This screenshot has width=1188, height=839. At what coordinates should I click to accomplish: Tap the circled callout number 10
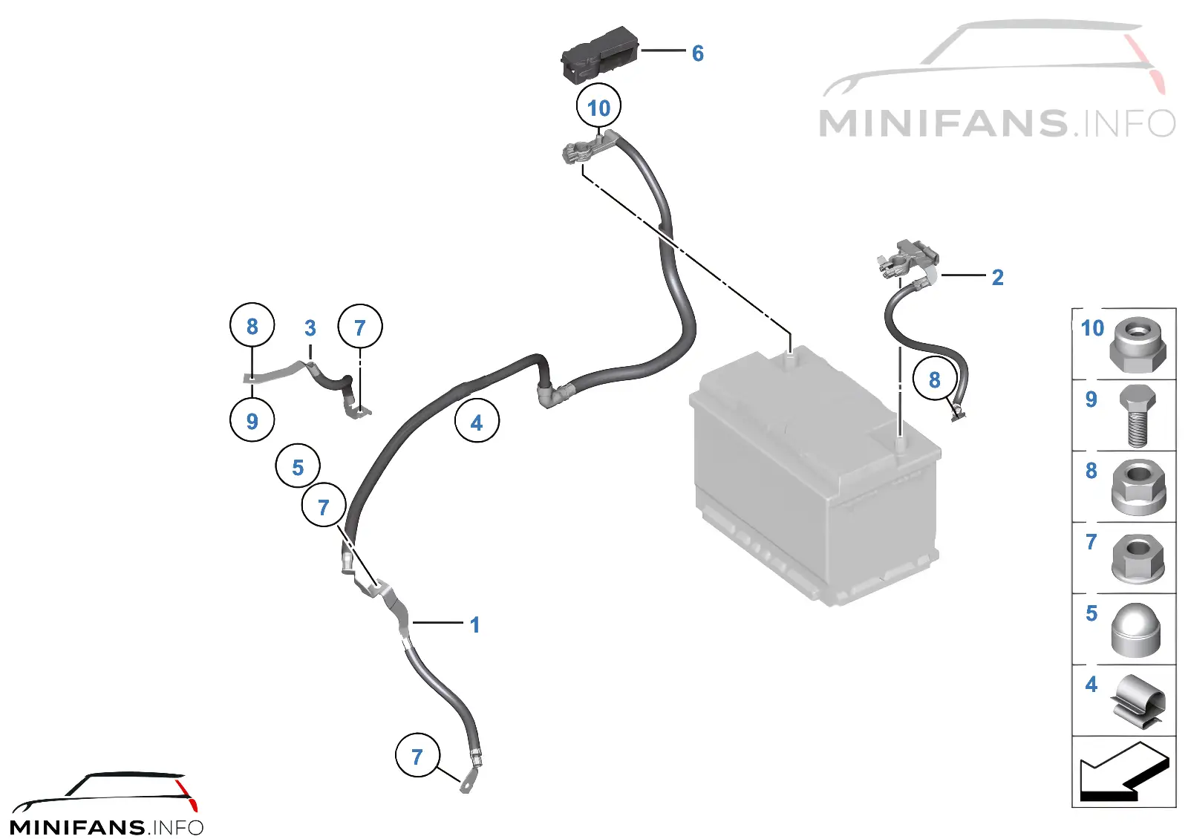598,106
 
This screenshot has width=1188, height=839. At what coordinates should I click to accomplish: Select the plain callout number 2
998,278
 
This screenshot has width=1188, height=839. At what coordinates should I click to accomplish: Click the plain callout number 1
474,624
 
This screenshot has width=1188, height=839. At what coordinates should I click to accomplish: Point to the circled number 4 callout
477,420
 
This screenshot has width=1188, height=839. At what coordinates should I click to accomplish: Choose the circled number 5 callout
298,466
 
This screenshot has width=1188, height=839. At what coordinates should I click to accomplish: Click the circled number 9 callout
252,419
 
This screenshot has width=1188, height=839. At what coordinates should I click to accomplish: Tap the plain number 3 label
310,328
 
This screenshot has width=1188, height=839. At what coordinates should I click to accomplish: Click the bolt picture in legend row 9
1138,417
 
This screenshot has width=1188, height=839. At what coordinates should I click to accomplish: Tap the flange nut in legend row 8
1138,487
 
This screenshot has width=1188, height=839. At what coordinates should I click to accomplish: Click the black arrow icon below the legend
1124,771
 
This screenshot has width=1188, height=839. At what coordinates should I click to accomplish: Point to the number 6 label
698,53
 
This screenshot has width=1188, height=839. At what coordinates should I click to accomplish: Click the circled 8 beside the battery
935,379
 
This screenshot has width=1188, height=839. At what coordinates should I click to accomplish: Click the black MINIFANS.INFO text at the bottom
107,827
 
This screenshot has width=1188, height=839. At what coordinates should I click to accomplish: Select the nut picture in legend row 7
1138,558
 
